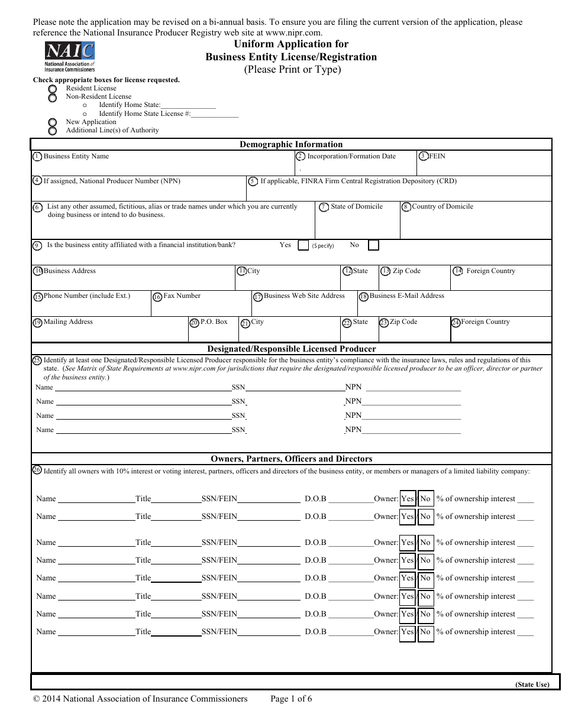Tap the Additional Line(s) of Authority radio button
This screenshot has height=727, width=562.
click(x=53, y=131)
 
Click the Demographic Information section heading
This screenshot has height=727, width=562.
click(x=290, y=144)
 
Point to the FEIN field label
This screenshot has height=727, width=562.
click(x=437, y=157)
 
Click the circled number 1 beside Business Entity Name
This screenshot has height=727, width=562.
click(x=37, y=157)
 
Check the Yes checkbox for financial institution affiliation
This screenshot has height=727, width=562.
click(x=303, y=245)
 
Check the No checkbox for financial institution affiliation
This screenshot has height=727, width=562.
click(x=373, y=245)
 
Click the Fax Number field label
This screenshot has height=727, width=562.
click(x=182, y=296)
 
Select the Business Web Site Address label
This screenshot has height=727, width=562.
click(x=304, y=296)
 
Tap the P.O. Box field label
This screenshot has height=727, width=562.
click(x=214, y=322)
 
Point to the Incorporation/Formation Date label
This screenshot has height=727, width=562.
click(x=351, y=157)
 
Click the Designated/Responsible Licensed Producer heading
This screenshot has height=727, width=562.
click(x=291, y=349)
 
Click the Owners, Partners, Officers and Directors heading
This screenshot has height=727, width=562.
click(x=291, y=459)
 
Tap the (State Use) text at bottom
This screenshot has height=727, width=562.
click(x=532, y=684)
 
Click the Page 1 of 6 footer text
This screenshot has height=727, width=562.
click(x=290, y=699)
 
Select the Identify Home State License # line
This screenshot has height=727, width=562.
click(x=169, y=113)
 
